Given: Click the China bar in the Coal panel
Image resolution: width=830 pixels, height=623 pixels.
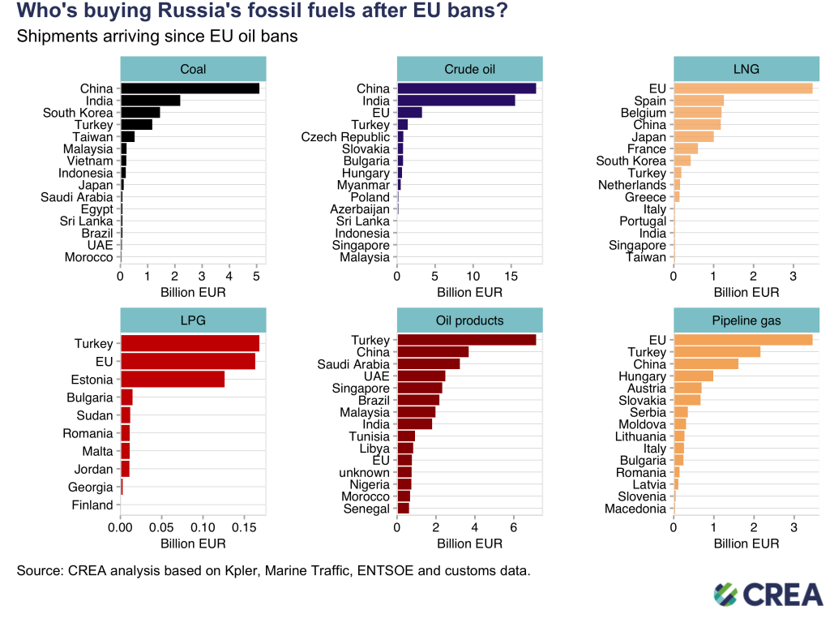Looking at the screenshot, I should pos(190,88).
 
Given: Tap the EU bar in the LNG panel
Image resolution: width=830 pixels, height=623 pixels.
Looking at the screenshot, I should pos(742,88).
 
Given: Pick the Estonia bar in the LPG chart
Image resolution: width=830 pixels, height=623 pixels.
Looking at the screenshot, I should pos(172,380).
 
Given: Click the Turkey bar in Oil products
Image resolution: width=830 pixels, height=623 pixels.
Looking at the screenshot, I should pos(466,340).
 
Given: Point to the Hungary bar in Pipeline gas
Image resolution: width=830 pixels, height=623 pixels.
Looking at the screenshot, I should pos(693,376).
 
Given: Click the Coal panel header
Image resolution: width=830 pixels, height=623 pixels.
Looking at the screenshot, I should pos(193,69).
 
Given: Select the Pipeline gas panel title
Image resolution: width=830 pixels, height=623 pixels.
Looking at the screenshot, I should pos(746,320).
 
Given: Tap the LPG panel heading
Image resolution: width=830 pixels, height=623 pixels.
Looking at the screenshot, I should pos(193,320).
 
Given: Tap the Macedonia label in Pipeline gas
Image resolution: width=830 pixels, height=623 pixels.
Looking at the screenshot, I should pos(635,509).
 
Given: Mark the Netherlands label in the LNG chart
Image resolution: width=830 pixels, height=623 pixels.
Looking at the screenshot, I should pos(631,185).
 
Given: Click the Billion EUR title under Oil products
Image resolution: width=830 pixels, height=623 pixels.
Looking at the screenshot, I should pos(469,544).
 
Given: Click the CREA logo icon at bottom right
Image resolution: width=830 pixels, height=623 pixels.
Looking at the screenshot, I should pos(725,595).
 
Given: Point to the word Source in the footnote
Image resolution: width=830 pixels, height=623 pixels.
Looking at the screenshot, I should pos(39,571).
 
